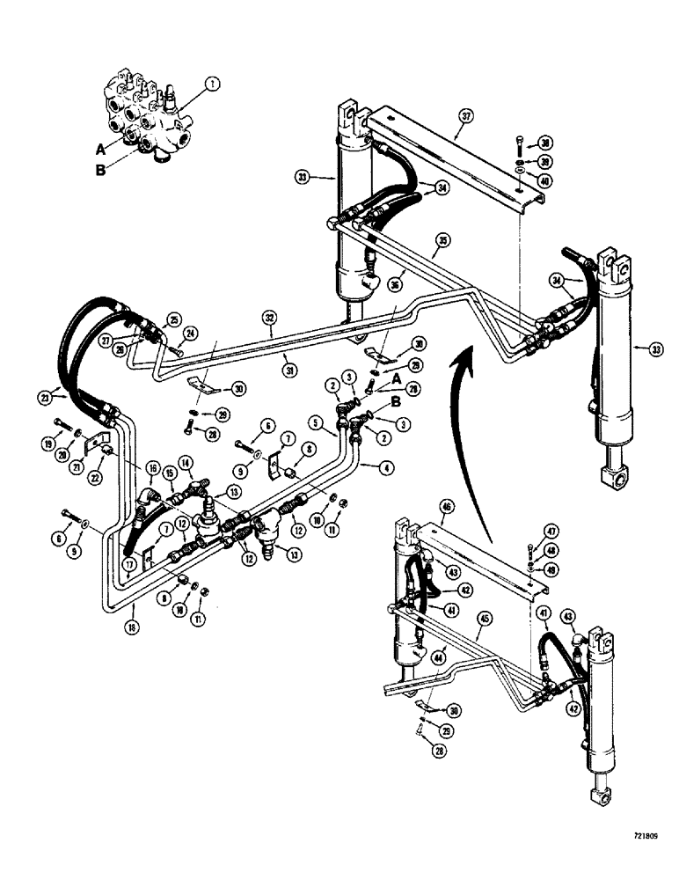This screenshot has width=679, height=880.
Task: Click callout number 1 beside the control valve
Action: (209, 85)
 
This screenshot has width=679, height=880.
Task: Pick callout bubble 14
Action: (186, 462)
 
